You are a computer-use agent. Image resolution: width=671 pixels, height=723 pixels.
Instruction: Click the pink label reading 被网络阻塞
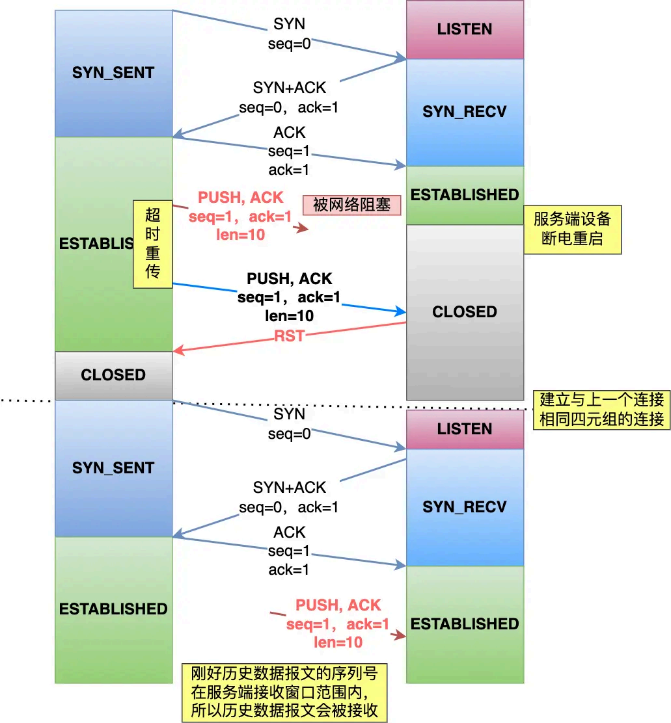[351, 205]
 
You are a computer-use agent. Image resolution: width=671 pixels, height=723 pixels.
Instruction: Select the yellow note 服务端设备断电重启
[573, 230]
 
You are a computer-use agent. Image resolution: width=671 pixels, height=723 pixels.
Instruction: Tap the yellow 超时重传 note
[152, 244]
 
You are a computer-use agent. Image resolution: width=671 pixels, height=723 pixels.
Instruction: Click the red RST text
[289, 336]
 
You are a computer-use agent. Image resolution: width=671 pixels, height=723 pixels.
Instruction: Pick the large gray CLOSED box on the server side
[465, 312]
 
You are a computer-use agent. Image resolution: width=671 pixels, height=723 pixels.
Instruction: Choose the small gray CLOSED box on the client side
[113, 375]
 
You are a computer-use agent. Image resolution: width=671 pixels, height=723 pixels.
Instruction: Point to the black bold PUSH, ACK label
[289, 279]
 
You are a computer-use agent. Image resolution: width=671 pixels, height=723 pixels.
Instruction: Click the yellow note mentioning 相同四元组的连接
[601, 410]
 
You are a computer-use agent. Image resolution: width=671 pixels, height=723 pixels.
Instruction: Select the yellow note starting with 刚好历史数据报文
[284, 692]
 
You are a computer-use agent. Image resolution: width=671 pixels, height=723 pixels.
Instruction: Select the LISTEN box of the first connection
[465, 30]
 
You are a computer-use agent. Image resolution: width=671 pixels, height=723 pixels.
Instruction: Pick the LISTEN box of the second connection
[465, 429]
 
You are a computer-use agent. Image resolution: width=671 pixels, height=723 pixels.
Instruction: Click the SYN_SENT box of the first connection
[113, 73]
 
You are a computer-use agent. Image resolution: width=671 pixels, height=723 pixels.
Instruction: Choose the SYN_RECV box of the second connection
[465, 507]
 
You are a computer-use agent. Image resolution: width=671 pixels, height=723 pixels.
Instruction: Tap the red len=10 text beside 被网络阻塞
[239, 235]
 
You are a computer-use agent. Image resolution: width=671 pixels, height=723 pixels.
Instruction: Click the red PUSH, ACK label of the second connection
[338, 605]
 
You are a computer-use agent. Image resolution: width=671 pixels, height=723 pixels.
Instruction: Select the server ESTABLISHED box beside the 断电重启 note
[465, 195]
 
